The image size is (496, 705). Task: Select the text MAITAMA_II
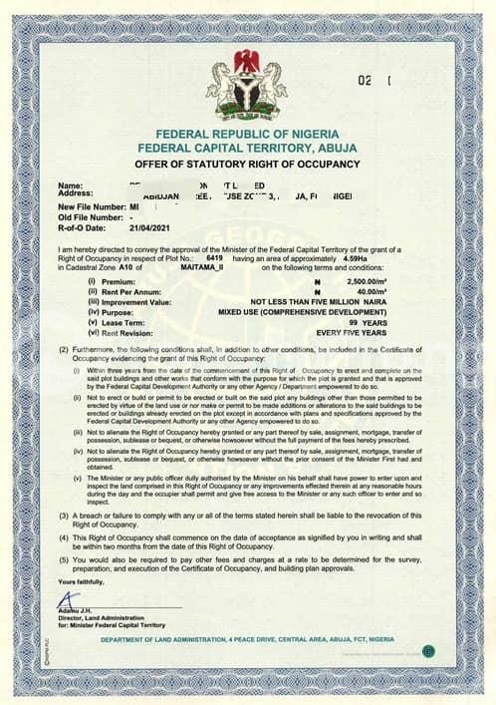click(206, 267)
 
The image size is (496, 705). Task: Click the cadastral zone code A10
click(123, 267)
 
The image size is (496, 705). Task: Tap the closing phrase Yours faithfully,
click(80, 579)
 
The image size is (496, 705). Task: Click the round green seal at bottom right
click(426, 650)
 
